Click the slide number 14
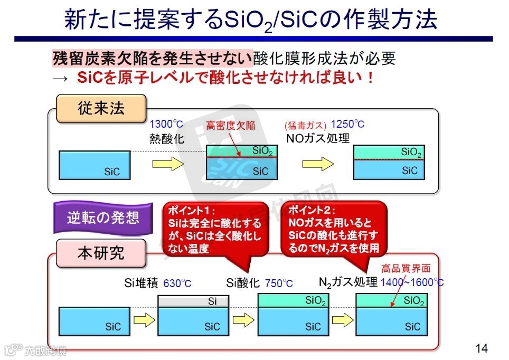click(481, 348)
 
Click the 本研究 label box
click(101, 252)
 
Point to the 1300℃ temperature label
click(166, 125)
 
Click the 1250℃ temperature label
click(347, 125)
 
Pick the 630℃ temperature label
click(177, 283)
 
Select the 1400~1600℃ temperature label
click(412, 282)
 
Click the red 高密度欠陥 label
click(230, 125)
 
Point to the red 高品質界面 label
click(406, 269)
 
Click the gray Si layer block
click(194, 301)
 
